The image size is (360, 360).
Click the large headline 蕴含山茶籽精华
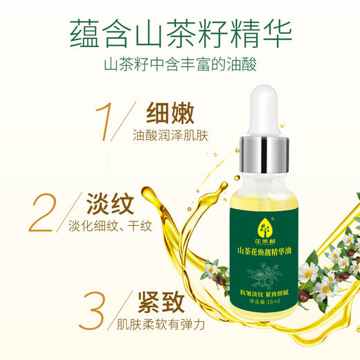point(179,33)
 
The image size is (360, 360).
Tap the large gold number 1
point(103,123)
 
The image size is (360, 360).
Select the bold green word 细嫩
point(168,112)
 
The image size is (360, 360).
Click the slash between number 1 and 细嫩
point(128,123)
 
